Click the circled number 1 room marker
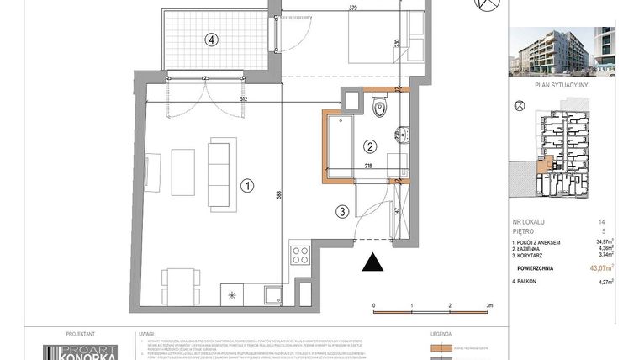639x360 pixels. [247, 185]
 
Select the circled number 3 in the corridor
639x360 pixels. [341, 212]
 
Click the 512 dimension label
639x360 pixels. [219, 98]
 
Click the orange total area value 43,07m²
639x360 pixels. [600, 268]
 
